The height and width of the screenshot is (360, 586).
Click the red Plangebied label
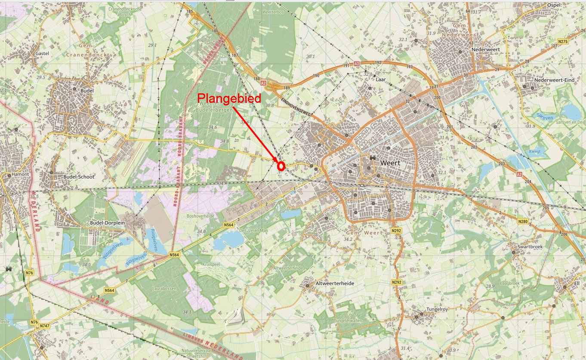point(229,98)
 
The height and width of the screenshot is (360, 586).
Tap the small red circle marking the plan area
point(281,166)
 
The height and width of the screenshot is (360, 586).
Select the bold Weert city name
point(390,163)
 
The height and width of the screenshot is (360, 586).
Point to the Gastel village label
point(43,53)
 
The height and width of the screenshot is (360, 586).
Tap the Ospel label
point(553,5)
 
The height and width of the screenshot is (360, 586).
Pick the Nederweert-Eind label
point(554,80)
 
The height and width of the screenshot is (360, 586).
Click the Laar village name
point(380,80)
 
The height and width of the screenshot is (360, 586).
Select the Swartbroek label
point(530,246)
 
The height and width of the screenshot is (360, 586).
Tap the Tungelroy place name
point(437,309)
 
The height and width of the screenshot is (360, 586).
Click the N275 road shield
point(562,42)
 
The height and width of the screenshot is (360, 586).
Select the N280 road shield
point(523,222)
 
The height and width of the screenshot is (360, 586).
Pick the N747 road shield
point(45,326)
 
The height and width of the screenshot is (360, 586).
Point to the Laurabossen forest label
point(164,289)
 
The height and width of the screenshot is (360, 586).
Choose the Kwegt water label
point(534,151)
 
